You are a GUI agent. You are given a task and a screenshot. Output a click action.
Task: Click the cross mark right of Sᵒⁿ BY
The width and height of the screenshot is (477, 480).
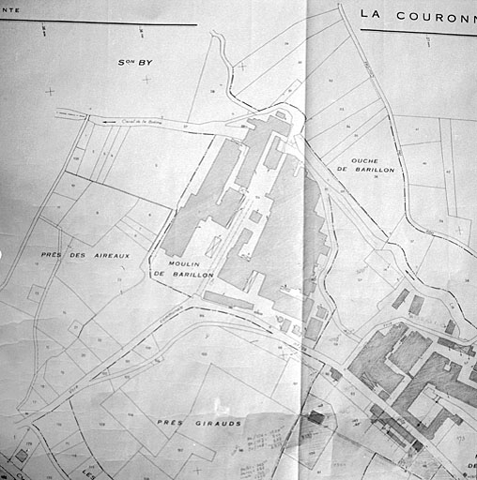[147, 80]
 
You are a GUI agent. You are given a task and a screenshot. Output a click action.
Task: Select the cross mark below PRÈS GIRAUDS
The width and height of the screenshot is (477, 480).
[197, 469]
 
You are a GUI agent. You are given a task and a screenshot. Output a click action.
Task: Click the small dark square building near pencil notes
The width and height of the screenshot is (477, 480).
[316, 418]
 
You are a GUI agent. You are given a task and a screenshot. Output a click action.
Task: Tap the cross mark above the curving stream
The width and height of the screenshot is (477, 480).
[242, 67]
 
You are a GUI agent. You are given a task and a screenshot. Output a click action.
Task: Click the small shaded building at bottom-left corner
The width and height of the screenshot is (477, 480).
[21, 457]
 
